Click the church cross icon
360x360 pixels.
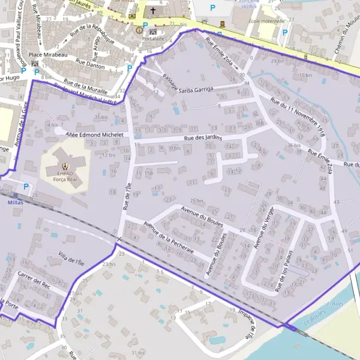click(x=153, y=10)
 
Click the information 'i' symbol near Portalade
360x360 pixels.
click(x=139, y=29)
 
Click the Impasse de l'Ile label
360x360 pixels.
click(x=248, y=323)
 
